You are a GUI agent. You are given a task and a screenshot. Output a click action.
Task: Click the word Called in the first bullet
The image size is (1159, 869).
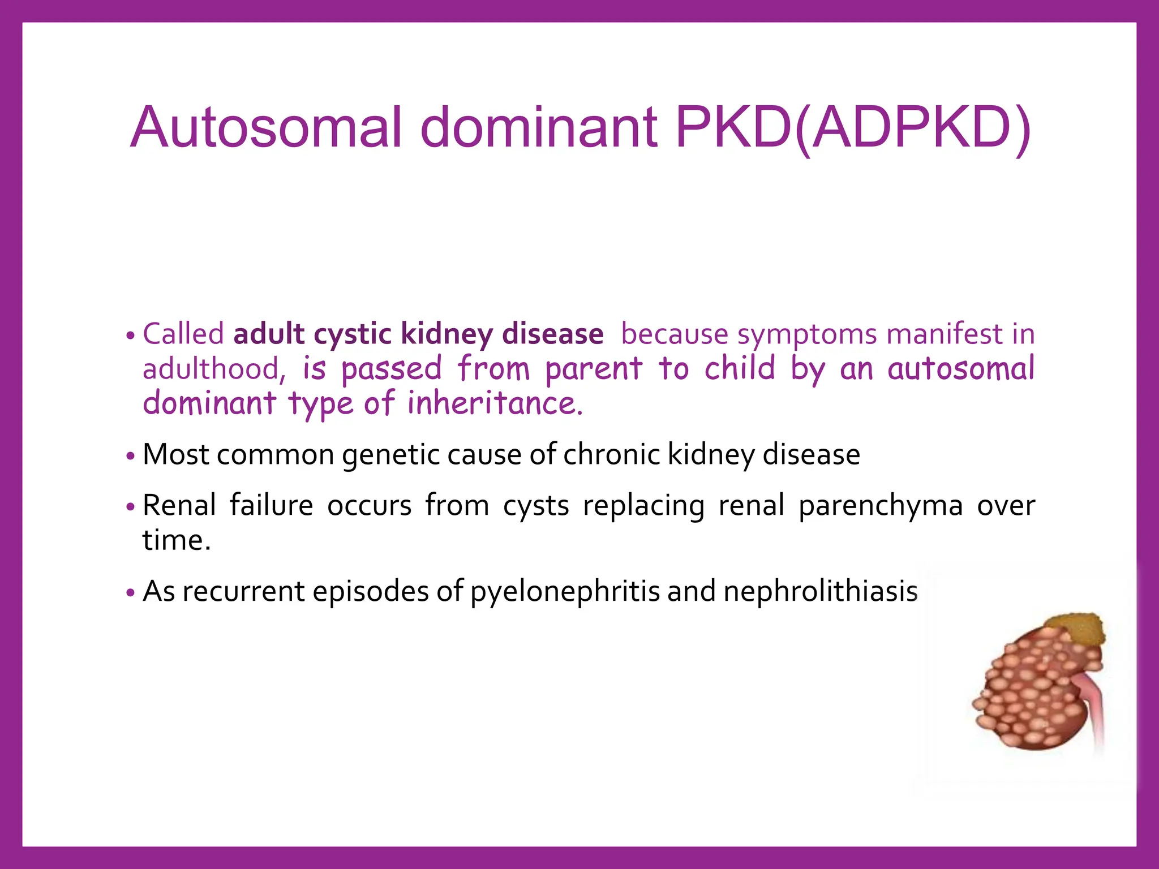[183, 334]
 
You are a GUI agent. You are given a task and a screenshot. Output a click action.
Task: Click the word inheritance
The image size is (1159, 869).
[495, 403]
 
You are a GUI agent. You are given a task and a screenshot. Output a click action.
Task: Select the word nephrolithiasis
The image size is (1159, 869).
[821, 591]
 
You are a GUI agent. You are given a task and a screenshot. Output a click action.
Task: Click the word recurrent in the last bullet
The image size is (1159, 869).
[244, 592]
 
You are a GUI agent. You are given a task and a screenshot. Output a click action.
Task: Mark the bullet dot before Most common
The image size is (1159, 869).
[131, 456]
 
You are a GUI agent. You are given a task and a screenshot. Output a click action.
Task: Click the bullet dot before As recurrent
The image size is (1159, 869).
[131, 593]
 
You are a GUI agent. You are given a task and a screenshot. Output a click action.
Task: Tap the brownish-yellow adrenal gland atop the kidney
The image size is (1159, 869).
[1075, 628]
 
